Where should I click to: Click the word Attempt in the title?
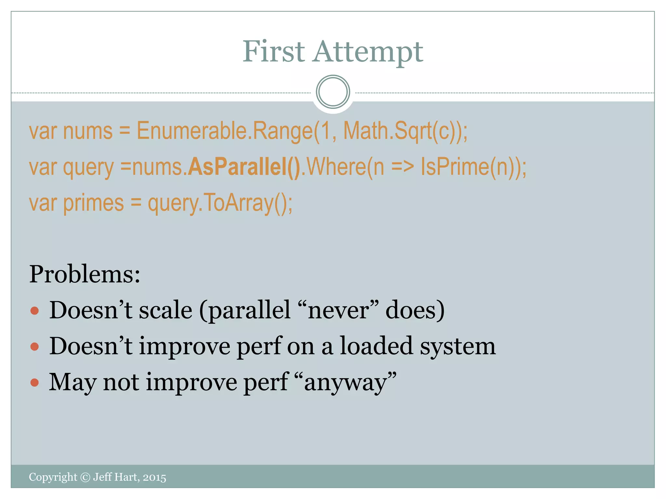pos(368,52)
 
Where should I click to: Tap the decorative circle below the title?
pos(333,92)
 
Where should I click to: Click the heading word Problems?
pos(85,274)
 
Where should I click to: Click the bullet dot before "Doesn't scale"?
pos(34,311)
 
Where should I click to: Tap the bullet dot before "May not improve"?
pos(34,382)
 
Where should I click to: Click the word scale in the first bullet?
pos(166,310)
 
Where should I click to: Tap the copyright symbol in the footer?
pos(85,477)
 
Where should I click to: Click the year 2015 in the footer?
pos(154,478)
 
